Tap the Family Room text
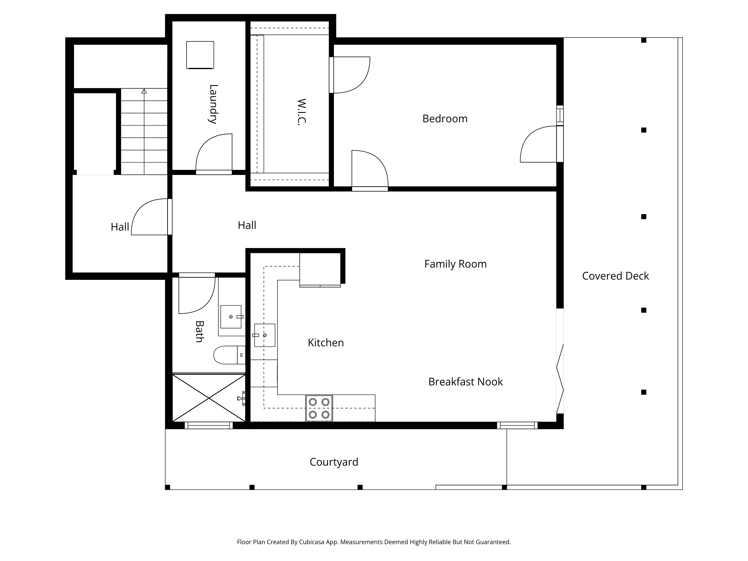point(456,264)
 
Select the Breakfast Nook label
point(466,382)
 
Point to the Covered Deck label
point(615,276)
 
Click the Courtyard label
point(334,462)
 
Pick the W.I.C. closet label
point(301,112)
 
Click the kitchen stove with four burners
point(319,408)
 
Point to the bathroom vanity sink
point(231,317)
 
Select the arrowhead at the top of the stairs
point(144,91)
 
